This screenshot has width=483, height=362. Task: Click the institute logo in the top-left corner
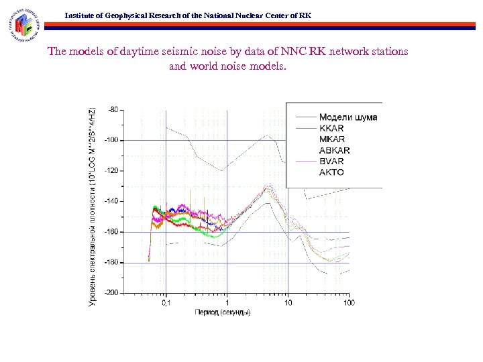[27, 25]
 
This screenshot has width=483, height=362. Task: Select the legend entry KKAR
[331, 128]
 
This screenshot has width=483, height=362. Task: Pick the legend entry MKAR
[331, 139]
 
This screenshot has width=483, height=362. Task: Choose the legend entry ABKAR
[334, 150]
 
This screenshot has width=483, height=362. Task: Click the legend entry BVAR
[331, 162]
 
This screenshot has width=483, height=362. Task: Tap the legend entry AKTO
[331, 172]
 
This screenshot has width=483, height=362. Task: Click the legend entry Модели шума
[347, 117]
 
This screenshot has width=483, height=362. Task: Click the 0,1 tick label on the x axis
[166, 303]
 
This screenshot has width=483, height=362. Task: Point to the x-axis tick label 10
[288, 303]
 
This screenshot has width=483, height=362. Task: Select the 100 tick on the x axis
[349, 303]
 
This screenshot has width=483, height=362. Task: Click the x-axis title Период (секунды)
[223, 313]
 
